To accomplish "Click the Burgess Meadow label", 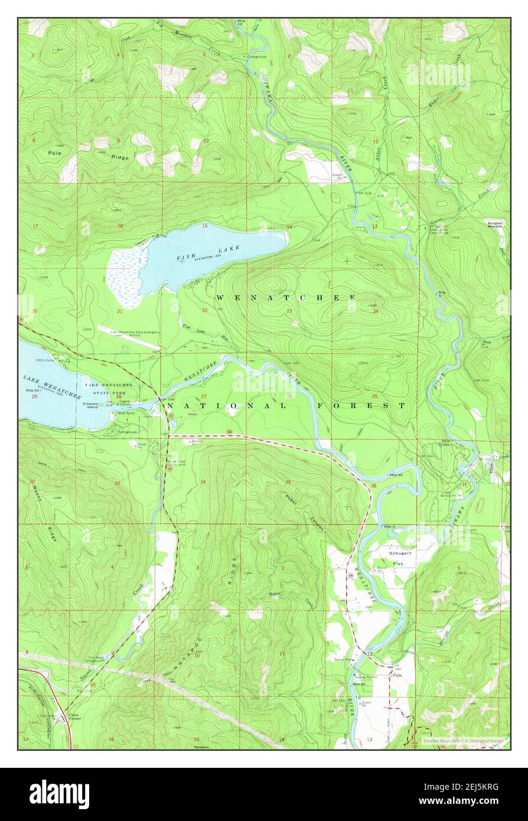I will pos(496,224).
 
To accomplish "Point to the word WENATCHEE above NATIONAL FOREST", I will pos(285,297).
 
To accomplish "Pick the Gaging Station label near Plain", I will pos(364,677).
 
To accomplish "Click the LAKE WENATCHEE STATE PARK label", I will pos(108,389).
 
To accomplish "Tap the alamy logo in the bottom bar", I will pos(59,794).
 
